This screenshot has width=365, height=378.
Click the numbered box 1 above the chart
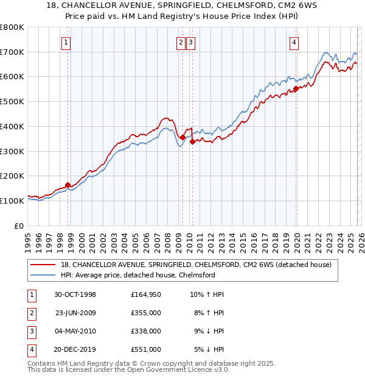(65, 43)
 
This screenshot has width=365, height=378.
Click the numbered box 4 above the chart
(294, 43)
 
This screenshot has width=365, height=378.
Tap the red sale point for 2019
(296, 89)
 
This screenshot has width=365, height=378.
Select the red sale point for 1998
(68, 185)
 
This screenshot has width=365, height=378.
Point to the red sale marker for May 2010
(192, 141)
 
